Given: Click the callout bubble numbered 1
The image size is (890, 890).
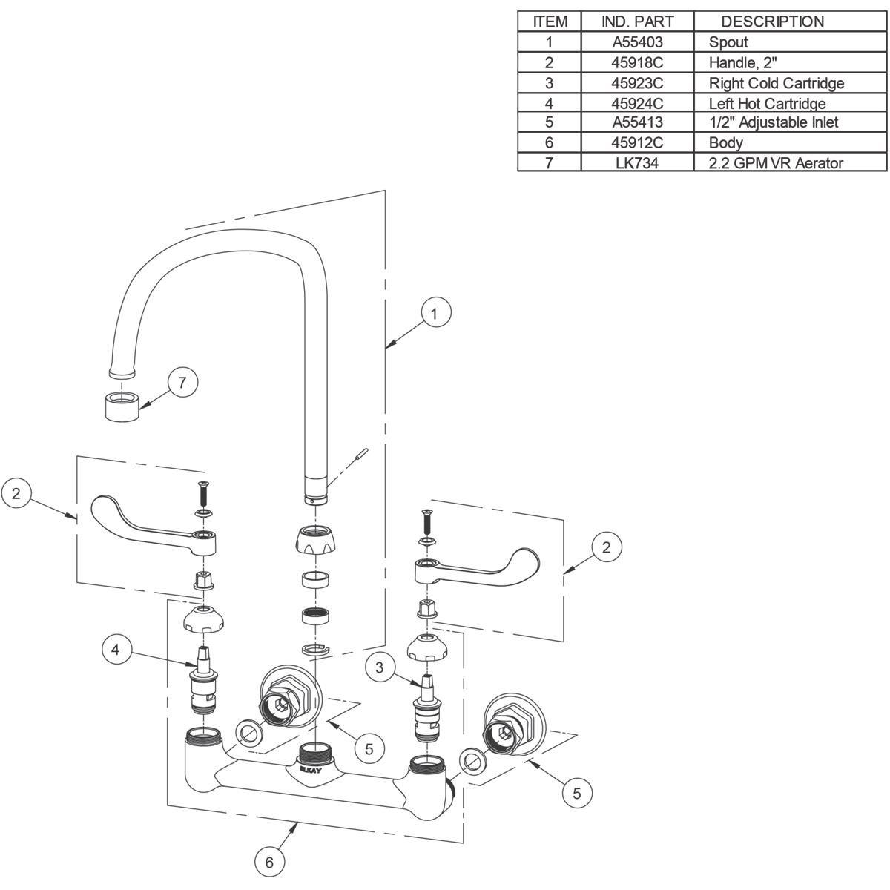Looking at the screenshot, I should [x=435, y=313].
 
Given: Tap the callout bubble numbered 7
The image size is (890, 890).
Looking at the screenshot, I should [x=182, y=383].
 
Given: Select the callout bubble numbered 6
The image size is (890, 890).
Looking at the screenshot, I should [x=269, y=862].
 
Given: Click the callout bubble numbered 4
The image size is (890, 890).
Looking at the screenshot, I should [x=116, y=650].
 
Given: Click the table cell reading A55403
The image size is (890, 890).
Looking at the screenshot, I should [x=637, y=42].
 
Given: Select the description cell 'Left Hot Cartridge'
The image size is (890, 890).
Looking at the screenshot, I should [x=767, y=103].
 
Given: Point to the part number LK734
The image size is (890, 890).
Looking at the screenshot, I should [x=637, y=162].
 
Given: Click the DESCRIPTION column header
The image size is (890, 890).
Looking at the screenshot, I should [x=772, y=22].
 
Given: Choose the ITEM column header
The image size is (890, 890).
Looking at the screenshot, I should [x=550, y=22].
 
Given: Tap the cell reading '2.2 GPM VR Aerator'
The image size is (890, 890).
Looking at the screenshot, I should [x=776, y=162].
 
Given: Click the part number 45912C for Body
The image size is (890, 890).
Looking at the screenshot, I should [x=637, y=142].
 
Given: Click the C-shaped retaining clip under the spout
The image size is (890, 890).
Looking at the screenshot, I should [x=316, y=650].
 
